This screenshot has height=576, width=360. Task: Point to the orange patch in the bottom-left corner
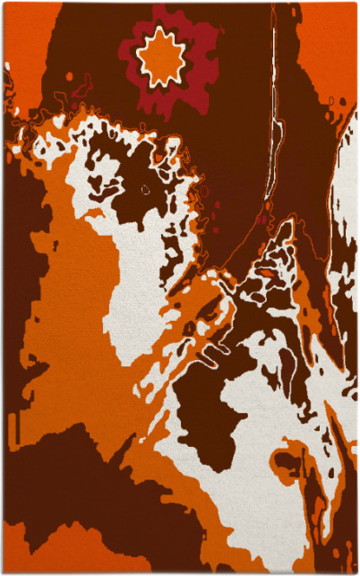point(27,555)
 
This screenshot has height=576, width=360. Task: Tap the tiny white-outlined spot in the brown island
point(146,189)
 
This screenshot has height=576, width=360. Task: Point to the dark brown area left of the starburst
point(90,54)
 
